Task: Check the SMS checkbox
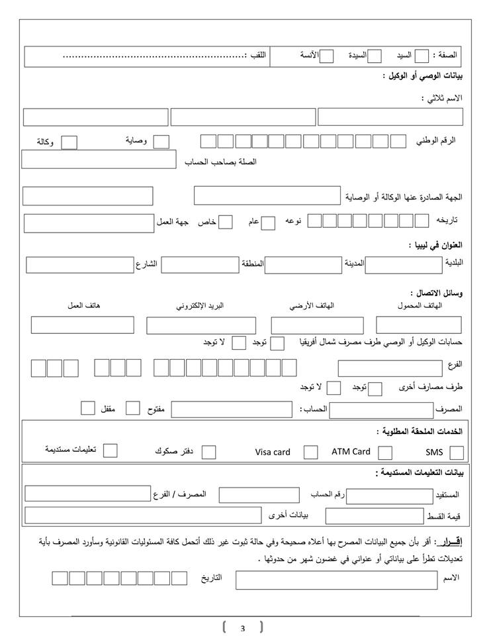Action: click(456, 453)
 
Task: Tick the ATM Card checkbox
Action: click(384, 453)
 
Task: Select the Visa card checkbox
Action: click(310, 452)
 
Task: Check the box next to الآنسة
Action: click(326, 56)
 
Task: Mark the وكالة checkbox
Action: click(69, 142)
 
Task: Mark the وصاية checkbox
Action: click(161, 141)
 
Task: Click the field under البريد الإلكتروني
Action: click(201, 325)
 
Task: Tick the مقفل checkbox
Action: click(88, 407)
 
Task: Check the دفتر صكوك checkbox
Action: click(209, 452)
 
